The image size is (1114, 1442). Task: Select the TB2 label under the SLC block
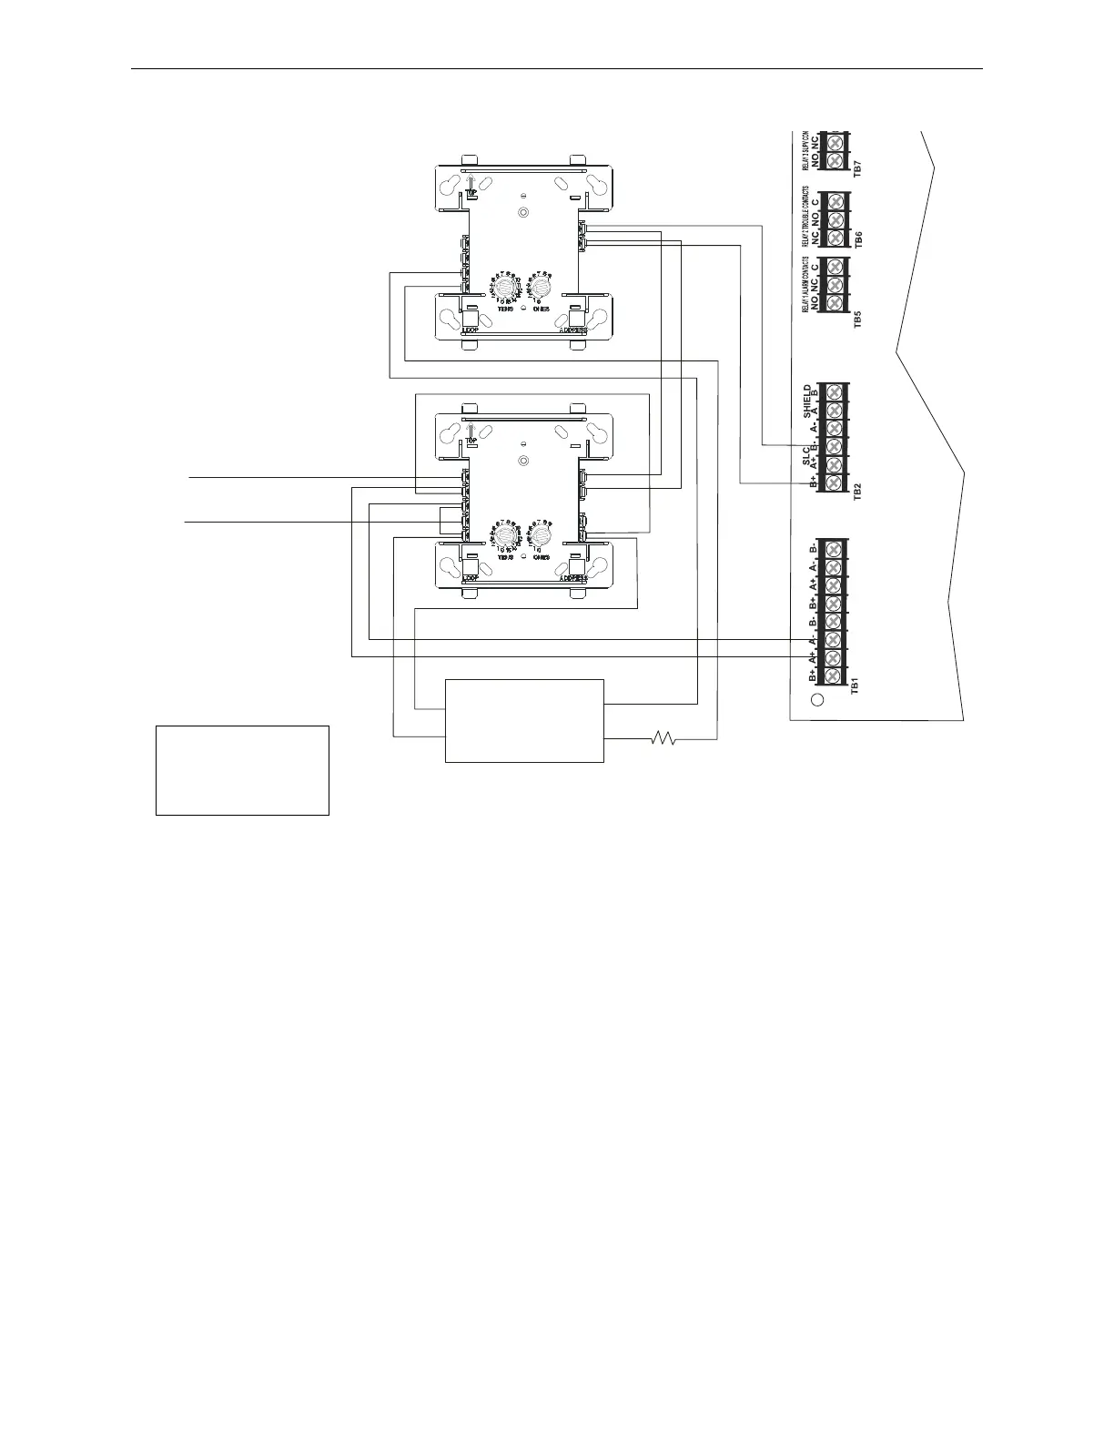pos(855,493)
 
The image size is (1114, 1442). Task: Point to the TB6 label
pos(856,239)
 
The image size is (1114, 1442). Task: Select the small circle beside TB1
pos(816,700)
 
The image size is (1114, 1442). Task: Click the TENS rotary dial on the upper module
pos(506,289)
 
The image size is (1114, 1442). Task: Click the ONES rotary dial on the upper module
pos(542,288)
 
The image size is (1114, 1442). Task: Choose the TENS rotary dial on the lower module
pos(506,537)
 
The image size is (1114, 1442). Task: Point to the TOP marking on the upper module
pos(471,193)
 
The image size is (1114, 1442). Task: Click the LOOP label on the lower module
pos(471,577)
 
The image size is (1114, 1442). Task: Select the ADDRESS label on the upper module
pos(572,330)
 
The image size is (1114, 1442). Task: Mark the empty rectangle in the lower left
pos(242,770)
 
